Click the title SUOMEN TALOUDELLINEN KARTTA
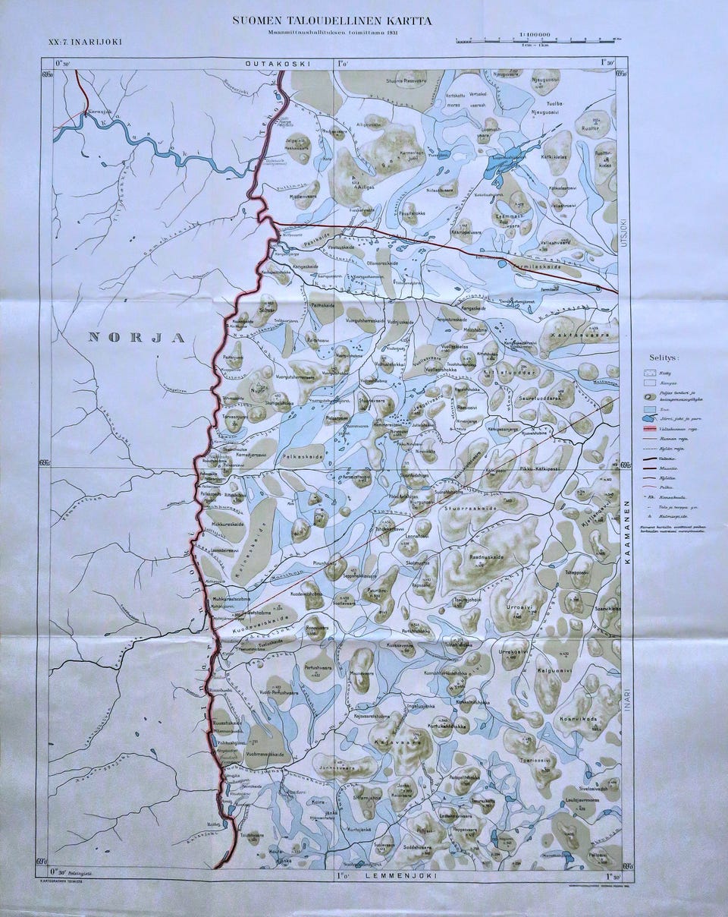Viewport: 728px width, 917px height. (332, 21)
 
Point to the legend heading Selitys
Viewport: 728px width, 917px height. (664, 356)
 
